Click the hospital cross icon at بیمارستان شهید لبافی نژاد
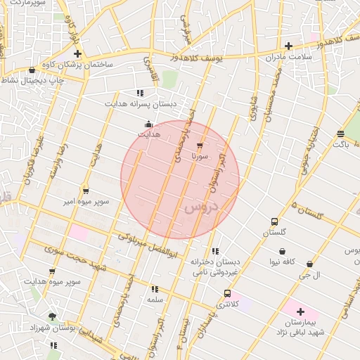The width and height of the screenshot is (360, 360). point(300,311)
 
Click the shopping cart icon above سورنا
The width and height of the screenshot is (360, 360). point(200,146)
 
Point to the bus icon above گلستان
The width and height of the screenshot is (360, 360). point(274,221)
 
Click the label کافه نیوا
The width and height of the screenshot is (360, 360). point(281,262)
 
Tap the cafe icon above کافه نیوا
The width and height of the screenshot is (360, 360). point(282,251)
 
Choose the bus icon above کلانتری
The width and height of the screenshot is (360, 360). point(227,293)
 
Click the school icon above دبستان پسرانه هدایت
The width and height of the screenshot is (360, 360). point(140,92)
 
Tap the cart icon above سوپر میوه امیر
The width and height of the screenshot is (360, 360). point(86,191)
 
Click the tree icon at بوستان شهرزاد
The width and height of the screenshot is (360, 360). point(52,316)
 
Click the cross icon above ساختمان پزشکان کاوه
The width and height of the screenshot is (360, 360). point(78,53)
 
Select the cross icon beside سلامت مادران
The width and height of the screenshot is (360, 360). point(289,46)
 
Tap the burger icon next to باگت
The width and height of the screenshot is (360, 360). point(341,134)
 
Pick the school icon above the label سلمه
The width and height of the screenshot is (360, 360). point(155,288)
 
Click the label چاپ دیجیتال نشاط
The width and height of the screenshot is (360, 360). point(32,81)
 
